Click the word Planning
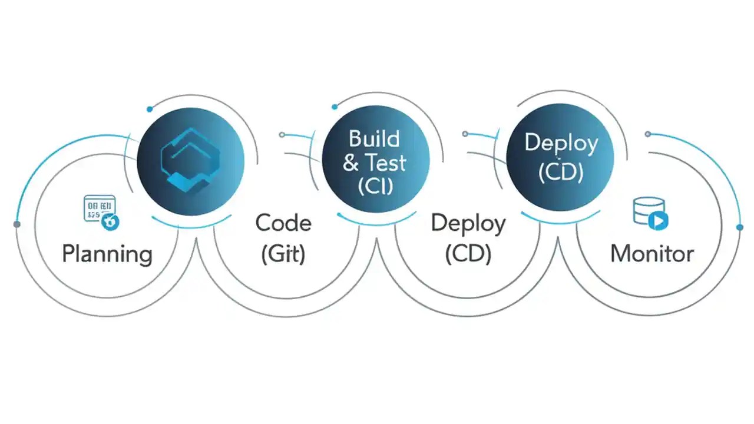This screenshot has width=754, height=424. click(x=107, y=254)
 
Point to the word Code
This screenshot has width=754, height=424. click(x=283, y=224)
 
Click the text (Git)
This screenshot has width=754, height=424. click(x=283, y=254)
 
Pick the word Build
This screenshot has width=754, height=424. click(x=374, y=139)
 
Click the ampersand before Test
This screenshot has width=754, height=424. click(x=351, y=163)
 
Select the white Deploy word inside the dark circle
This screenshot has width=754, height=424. click(x=561, y=144)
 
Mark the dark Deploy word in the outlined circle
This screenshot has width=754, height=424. click(x=468, y=224)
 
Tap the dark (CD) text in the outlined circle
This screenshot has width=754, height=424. click(x=468, y=254)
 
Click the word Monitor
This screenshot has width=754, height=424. click(x=652, y=254)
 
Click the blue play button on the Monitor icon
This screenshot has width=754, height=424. click(x=658, y=221)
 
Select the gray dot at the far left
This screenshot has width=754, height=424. click(x=16, y=224)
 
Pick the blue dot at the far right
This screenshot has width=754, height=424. click(x=740, y=227)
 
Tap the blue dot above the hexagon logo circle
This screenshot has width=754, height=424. click(x=150, y=109)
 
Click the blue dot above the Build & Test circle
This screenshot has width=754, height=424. click(x=335, y=107)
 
